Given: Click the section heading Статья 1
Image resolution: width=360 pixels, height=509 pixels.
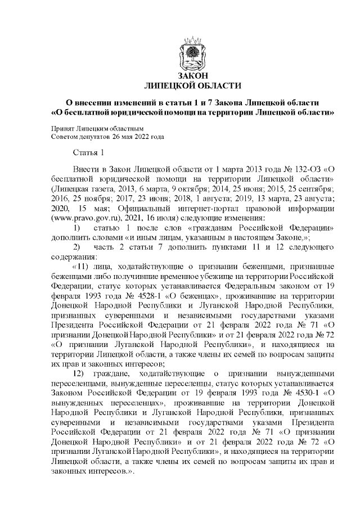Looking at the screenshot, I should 89,153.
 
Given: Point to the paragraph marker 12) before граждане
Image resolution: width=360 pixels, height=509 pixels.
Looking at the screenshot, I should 78,374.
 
